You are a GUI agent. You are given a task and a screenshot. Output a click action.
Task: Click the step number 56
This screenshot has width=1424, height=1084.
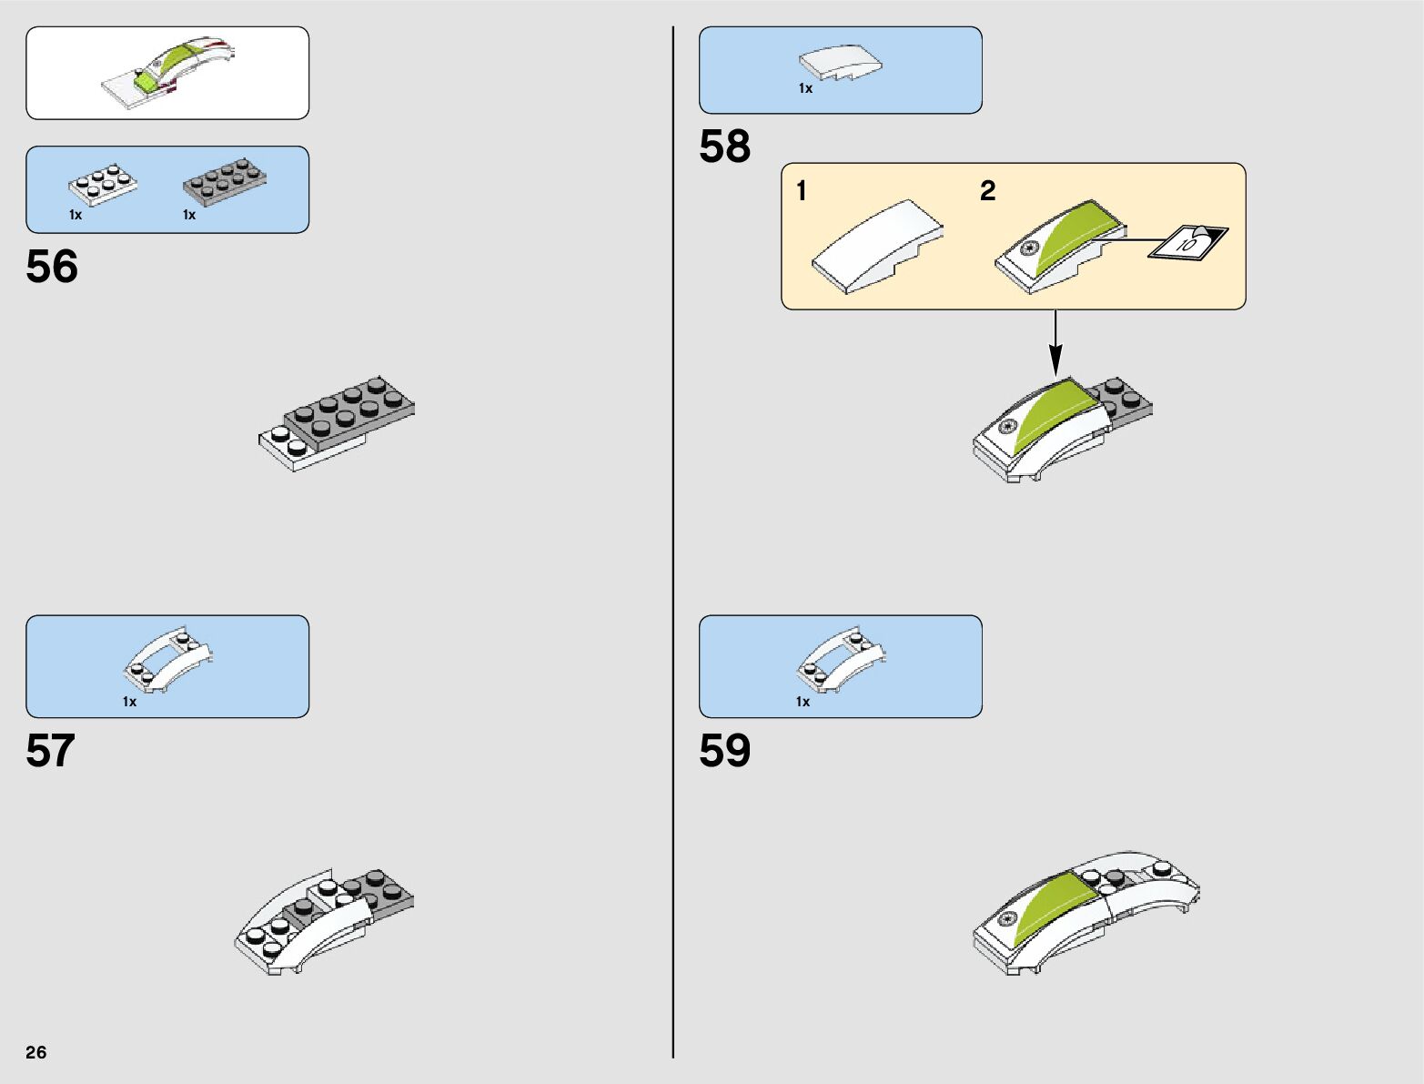click(52, 267)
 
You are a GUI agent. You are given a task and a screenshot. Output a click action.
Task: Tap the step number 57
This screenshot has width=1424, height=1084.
click(51, 751)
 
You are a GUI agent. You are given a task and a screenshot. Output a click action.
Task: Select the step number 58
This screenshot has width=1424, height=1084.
click(724, 146)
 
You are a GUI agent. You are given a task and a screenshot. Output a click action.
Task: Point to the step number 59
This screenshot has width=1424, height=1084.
click(724, 751)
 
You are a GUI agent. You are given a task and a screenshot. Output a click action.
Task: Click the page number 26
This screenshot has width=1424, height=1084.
click(36, 1052)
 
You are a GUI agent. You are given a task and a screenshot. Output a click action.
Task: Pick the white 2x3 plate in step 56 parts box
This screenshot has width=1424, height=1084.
click(103, 185)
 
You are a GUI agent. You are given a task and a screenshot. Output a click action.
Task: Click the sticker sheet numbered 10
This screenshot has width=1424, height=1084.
click(1187, 242)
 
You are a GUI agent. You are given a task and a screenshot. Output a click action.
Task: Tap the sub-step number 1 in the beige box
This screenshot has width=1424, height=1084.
click(801, 191)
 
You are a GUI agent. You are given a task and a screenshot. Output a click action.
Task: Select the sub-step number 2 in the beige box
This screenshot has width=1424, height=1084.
click(987, 191)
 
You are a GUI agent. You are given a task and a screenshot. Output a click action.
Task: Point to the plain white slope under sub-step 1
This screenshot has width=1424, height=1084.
click(876, 247)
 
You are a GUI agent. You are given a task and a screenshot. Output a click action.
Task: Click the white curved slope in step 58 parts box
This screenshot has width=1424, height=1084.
click(840, 64)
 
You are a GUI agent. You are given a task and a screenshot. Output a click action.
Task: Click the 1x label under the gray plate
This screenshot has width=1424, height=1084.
click(189, 216)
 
